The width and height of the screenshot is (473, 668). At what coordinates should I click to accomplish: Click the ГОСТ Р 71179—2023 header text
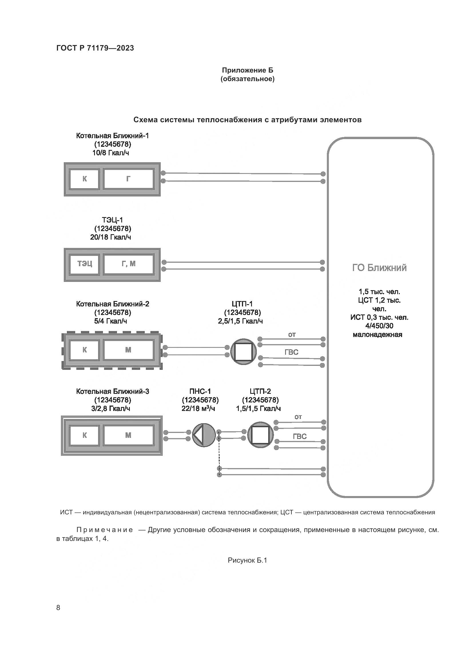coord(95,48)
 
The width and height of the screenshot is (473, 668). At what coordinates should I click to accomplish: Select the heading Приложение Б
coord(248,70)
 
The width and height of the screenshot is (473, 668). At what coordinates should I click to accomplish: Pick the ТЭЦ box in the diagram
coord(85,264)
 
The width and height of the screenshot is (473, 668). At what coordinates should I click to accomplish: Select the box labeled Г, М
coord(128,264)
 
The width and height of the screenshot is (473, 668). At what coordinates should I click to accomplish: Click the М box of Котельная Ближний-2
coord(128,350)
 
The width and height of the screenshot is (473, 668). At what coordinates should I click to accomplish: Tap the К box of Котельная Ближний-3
coord(85,435)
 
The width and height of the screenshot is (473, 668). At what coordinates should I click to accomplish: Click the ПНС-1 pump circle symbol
coord(204,435)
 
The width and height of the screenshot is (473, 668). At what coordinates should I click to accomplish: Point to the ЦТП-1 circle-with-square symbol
coord(243,352)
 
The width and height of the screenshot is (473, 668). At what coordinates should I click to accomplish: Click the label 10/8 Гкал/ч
coord(111,153)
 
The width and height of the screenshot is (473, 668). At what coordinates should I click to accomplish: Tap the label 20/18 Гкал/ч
coord(111,237)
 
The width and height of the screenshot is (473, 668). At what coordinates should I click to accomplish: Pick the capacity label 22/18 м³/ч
coord(198,408)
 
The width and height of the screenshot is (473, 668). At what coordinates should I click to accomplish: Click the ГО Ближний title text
coord(379,268)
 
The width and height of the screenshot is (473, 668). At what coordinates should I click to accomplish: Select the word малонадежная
coord(377,335)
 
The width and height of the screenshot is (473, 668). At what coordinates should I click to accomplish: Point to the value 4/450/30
coord(379,326)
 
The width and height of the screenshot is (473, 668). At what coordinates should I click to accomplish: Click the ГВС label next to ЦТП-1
coord(291,352)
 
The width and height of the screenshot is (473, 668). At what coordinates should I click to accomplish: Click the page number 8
coord(58,608)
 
